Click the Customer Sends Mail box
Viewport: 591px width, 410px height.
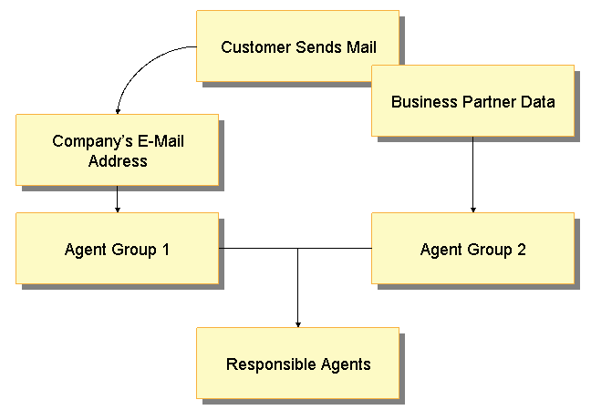pyautogui.click(x=298, y=46)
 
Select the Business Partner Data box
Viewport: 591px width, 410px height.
pyautogui.click(x=472, y=101)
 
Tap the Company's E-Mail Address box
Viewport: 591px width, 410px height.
pyautogui.click(x=117, y=150)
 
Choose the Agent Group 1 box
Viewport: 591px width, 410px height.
pyautogui.click(x=117, y=249)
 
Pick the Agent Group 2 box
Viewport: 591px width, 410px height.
pyautogui.click(x=472, y=249)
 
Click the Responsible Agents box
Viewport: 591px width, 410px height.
pyautogui.click(x=298, y=364)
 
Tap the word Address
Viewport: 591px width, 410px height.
pyautogui.click(x=118, y=160)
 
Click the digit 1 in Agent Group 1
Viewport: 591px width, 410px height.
pyautogui.click(x=165, y=249)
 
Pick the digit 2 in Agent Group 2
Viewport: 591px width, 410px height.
pyautogui.click(x=521, y=249)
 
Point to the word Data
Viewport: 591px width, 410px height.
pyautogui.click(x=537, y=101)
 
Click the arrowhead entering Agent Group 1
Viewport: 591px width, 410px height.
pyautogui.click(x=117, y=210)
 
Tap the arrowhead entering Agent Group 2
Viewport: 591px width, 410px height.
pyautogui.click(x=472, y=210)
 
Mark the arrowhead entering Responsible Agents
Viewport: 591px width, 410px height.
pyautogui.click(x=298, y=323)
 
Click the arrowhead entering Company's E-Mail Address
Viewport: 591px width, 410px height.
pyautogui.click(x=118, y=110)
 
